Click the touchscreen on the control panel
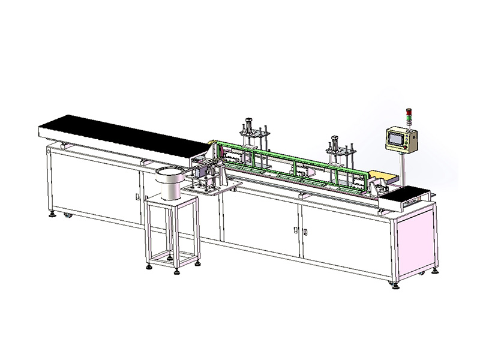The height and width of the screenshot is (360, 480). [395, 139]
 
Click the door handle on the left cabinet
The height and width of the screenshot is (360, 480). [137, 196]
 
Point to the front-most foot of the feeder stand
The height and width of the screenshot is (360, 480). [177, 272]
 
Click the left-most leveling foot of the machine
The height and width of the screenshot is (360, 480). [52, 214]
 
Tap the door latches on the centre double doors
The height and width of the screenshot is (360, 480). [298, 230]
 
